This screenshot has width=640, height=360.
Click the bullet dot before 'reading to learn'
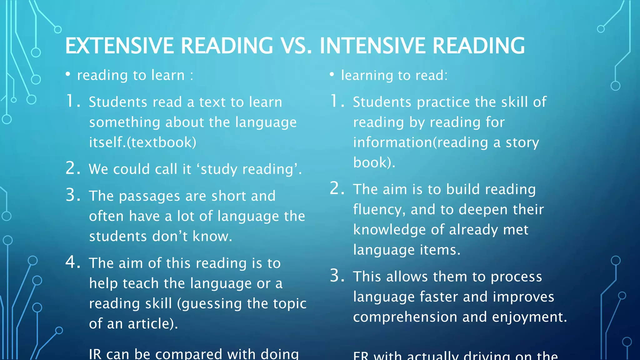click(x=68, y=74)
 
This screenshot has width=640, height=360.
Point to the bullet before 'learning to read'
click(x=332, y=74)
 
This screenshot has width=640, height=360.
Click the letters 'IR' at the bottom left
click(x=95, y=354)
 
